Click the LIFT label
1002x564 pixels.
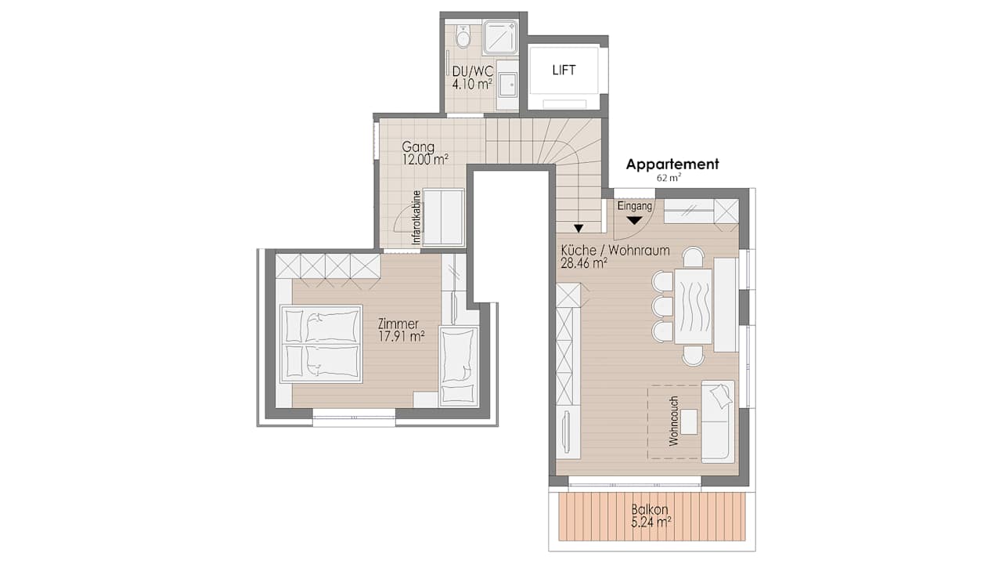pyautogui.click(x=564, y=70)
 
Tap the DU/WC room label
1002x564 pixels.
pyautogui.click(x=472, y=70)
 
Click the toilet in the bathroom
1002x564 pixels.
pyautogui.click(x=463, y=36)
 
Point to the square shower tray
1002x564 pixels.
pyautogui.click(x=499, y=36)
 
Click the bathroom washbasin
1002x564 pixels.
pyautogui.click(x=507, y=83)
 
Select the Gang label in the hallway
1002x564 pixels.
pyautogui.click(x=418, y=146)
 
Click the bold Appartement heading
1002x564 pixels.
pyautogui.click(x=672, y=164)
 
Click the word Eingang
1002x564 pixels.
pyautogui.click(x=634, y=206)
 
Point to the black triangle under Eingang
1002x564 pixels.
pyautogui.click(x=634, y=221)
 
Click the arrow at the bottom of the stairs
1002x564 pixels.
pyautogui.click(x=578, y=229)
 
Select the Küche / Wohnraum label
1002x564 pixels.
pyautogui.click(x=615, y=251)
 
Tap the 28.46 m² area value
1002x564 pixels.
pyautogui.click(x=584, y=263)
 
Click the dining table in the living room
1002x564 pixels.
pyautogui.click(x=694, y=306)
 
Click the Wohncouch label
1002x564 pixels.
pyautogui.click(x=673, y=427)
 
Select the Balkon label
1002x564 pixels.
pyautogui.click(x=651, y=508)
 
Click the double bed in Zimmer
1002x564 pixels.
pyautogui.click(x=321, y=344)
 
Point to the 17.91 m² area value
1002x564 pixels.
pyautogui.click(x=401, y=336)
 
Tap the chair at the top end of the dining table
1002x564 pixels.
pyautogui.click(x=693, y=257)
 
